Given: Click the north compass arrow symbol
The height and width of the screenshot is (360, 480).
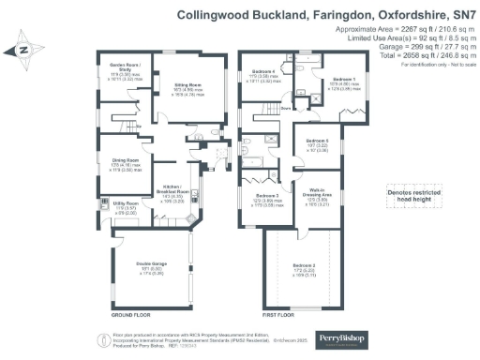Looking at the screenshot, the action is (x=24, y=50).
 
